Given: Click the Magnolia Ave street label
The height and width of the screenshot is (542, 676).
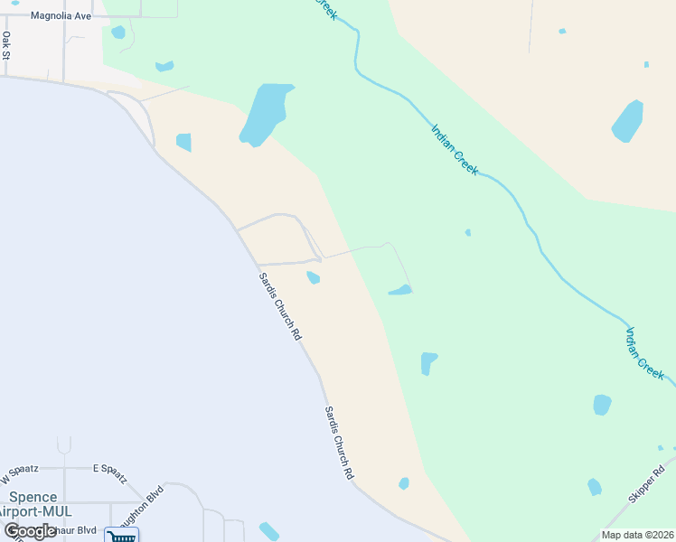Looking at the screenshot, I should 61,16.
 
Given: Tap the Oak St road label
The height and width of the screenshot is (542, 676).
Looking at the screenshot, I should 6,45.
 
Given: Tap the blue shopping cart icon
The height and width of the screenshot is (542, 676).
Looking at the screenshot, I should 120,536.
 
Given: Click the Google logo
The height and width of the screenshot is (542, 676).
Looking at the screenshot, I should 30,530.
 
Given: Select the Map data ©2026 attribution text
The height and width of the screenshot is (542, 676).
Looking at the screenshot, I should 636,535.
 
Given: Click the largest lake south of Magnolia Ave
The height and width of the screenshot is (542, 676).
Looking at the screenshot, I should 266,114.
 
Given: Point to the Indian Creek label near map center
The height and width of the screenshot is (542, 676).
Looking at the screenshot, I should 455,149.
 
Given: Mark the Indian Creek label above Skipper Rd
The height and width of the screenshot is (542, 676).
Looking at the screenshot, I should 644,352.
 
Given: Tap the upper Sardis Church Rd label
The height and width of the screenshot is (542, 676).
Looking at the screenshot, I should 280,305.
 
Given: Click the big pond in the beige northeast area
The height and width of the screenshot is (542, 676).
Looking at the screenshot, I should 627,121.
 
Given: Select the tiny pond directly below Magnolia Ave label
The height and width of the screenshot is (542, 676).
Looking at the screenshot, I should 118,33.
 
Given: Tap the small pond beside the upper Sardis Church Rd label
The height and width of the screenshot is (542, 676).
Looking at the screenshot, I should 313,277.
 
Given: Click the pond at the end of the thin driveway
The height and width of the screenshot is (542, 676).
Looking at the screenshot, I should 400,291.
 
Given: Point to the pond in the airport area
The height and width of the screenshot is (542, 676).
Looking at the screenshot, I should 269,532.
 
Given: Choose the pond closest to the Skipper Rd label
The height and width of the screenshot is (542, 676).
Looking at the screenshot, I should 595,487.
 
